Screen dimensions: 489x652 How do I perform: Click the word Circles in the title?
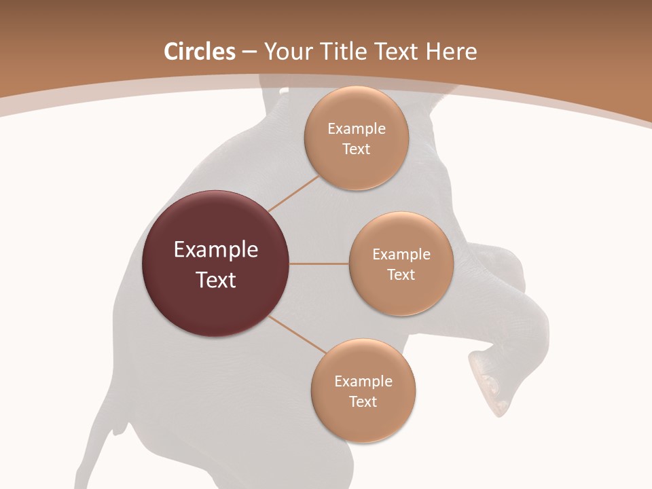pos(199,52)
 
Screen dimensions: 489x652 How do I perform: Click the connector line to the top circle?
pos(293,194)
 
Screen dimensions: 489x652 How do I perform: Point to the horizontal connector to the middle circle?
pos(319,264)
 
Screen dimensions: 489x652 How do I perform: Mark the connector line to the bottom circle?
pos(297,334)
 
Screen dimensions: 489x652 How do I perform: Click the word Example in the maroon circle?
pos(216,250)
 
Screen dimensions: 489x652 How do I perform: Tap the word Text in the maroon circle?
pos(216,280)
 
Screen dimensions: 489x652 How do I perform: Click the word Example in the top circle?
pos(356,129)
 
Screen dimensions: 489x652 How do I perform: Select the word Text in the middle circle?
pos(401,274)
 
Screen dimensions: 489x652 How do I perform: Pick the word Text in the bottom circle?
pos(363,401)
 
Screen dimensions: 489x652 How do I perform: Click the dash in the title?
pos(249,52)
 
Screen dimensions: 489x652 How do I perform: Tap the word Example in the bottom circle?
pos(363,382)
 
